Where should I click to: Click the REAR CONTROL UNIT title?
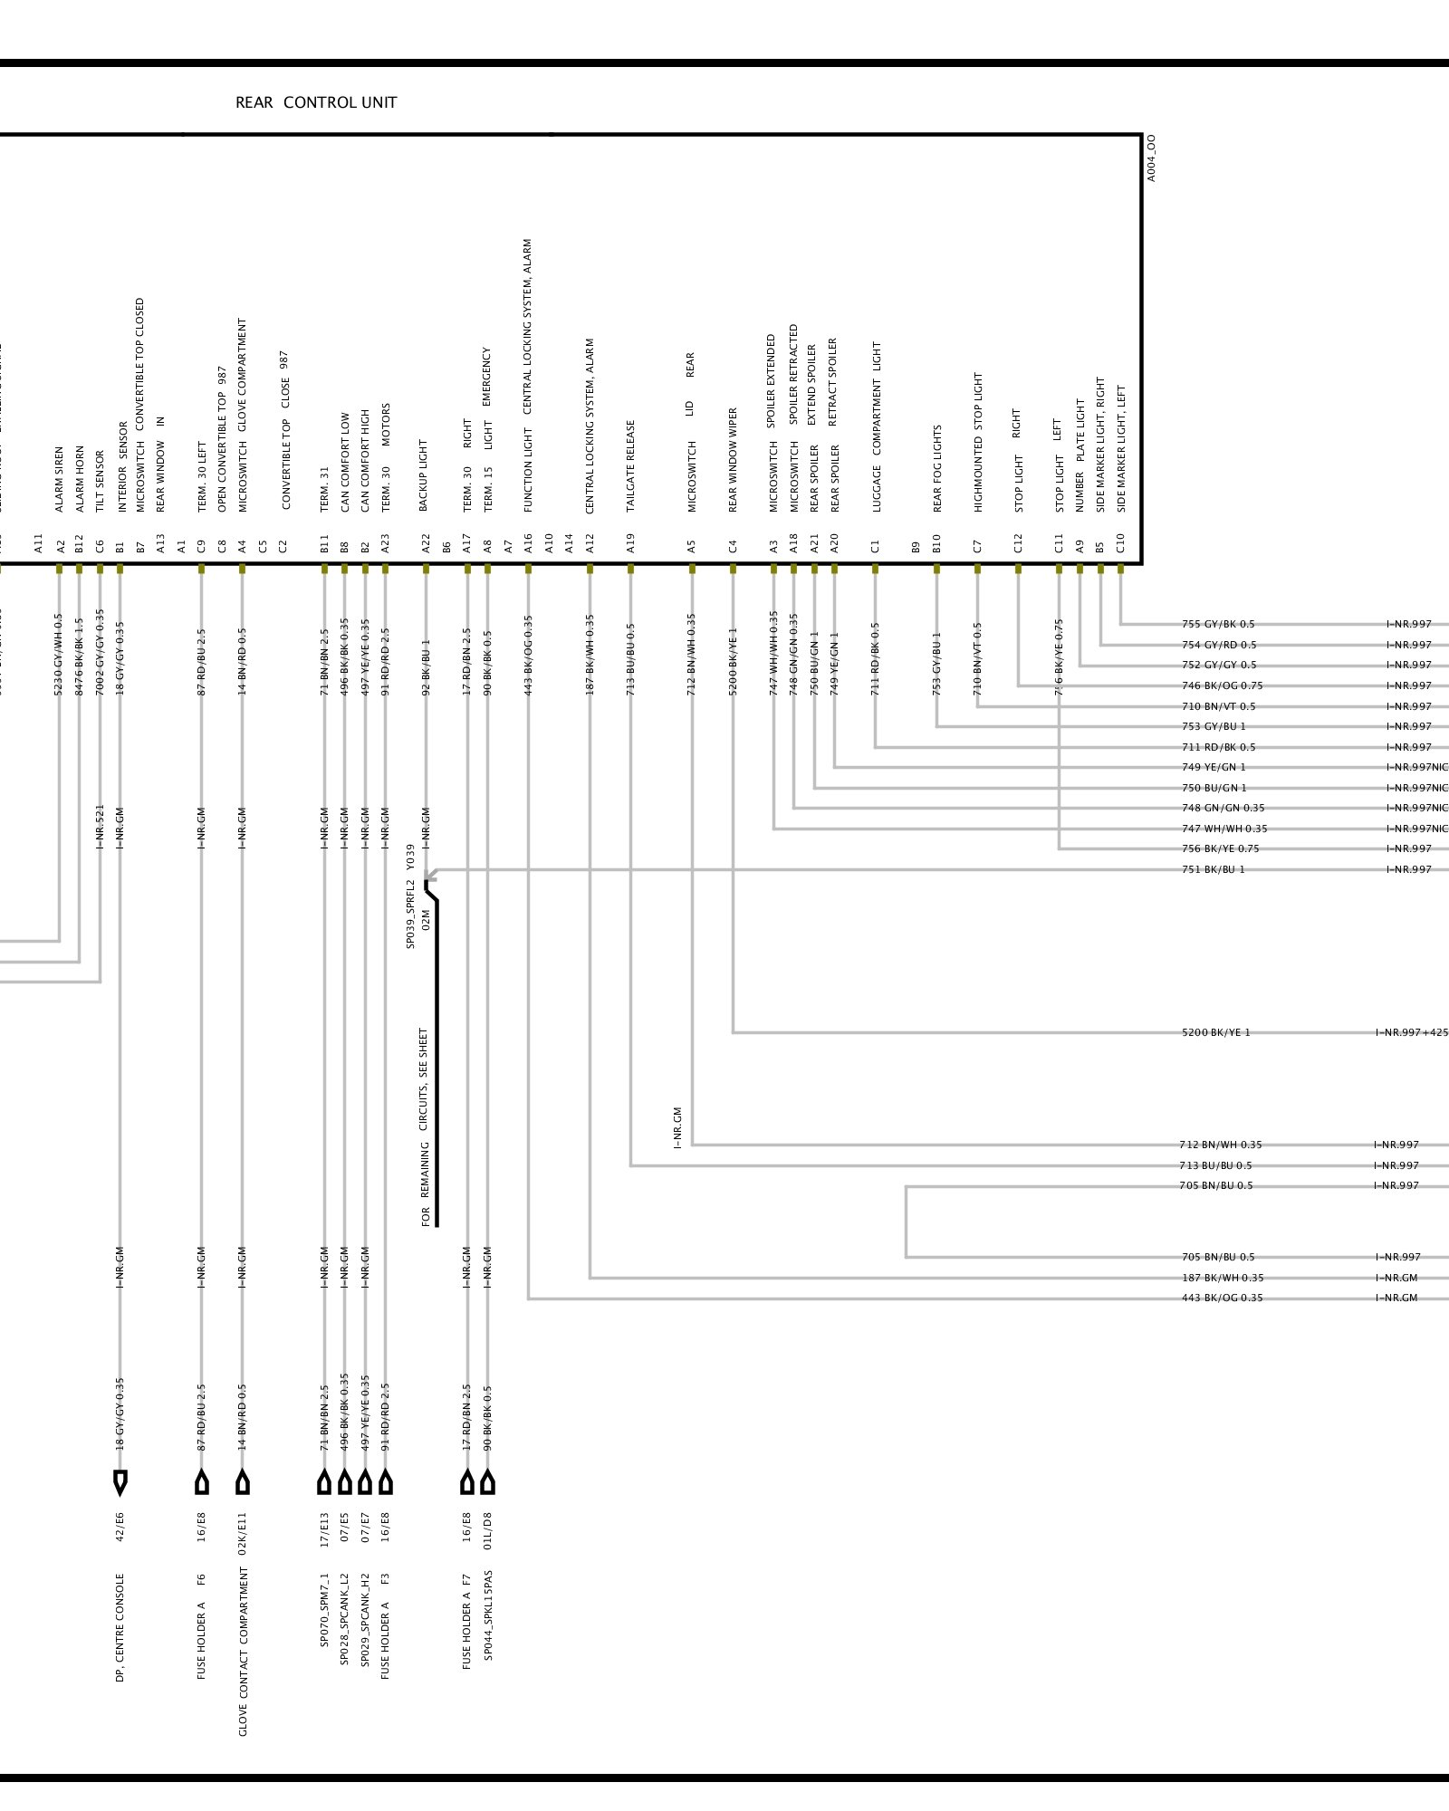click(316, 102)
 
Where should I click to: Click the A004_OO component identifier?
click(1151, 158)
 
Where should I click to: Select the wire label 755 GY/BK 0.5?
click(1218, 624)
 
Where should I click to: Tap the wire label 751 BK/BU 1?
click(1213, 869)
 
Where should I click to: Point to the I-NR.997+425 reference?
click(1411, 1032)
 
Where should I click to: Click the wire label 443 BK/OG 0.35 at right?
click(1222, 1298)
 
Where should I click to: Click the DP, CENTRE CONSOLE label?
click(120, 1627)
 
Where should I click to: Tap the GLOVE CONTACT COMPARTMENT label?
click(243, 1652)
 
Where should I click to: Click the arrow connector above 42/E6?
click(120, 1482)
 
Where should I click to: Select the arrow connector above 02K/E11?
click(243, 1482)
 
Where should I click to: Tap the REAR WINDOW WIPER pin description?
click(733, 460)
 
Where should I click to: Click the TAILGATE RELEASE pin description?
click(630, 465)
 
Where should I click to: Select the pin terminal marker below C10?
click(1120, 569)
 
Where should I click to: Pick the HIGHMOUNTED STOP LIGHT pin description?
click(977, 442)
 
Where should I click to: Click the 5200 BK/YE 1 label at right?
click(1215, 1032)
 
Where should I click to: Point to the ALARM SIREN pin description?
click(60, 479)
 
